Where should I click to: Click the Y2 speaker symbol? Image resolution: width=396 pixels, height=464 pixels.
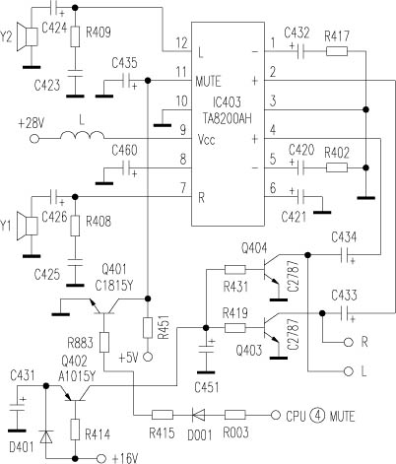pos(28,36)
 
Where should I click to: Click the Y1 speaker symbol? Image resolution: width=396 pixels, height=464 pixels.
pos(28,226)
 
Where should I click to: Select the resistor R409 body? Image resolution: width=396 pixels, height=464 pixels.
pos(75,36)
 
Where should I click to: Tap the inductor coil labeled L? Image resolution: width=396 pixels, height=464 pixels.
pos(82,135)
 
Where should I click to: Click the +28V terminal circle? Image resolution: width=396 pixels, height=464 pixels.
pos(34,139)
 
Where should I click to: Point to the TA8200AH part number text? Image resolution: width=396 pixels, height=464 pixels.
pos(228,117)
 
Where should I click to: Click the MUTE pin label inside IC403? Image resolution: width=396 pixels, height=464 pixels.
pos(208,81)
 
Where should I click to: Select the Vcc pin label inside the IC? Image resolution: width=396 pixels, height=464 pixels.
pos(207,140)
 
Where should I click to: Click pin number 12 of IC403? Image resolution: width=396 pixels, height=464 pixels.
pos(181,42)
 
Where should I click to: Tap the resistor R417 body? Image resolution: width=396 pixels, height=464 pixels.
pos(337,51)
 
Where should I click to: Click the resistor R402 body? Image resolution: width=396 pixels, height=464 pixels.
pos(337,168)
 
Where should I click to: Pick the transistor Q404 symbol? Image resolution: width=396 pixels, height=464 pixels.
pos(272,270)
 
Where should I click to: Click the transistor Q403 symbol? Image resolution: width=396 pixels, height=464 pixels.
pos(272,328)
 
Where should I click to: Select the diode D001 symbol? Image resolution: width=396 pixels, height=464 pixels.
pos(198,415)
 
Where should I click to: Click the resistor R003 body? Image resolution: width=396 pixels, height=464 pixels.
pos(234,415)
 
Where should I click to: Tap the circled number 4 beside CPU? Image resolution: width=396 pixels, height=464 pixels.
pos(317,416)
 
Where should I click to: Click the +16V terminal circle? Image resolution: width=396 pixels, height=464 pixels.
pos(101,458)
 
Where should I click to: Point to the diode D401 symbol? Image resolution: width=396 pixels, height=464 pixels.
pos(46,437)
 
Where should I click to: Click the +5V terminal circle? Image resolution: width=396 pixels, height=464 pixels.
pos(148,357)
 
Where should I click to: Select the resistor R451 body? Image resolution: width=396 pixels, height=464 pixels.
pos(148,328)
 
